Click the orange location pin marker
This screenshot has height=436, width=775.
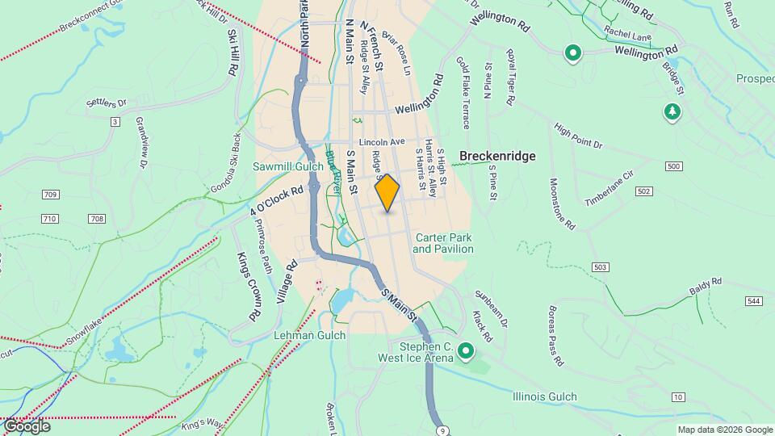tap(387, 193)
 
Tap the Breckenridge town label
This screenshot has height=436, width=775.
tap(497, 156)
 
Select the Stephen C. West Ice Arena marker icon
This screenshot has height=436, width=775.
tap(466, 350)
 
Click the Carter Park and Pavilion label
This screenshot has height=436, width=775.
tap(442, 243)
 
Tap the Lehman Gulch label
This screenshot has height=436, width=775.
tap(310, 335)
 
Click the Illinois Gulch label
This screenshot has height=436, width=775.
tap(545, 396)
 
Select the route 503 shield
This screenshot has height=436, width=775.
tap(600, 267)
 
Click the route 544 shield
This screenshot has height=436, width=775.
tap(753, 301)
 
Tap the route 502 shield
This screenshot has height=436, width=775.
tap(643, 191)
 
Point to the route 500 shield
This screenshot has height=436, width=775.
tap(674, 166)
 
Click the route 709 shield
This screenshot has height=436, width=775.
tap(50, 195)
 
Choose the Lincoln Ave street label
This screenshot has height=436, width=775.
tap(382, 141)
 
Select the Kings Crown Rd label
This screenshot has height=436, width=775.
tap(249, 287)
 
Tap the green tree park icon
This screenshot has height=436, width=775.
tap(672, 111)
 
